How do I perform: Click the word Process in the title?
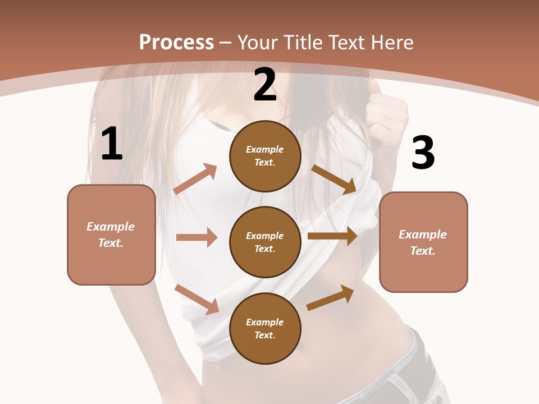[176, 43]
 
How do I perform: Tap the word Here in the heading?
[391, 43]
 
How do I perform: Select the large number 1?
[112, 144]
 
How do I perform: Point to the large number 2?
[265, 85]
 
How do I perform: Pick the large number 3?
[423, 153]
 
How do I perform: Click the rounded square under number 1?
[111, 235]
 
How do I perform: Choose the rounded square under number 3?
[423, 242]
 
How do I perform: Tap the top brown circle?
[265, 156]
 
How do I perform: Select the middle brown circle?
[265, 242]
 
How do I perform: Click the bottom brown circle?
[265, 328]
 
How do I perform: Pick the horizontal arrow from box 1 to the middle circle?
[197, 237]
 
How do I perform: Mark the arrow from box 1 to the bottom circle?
[197, 299]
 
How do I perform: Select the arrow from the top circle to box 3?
[334, 179]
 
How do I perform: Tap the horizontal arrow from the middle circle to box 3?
[332, 236]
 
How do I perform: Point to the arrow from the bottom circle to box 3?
[330, 298]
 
